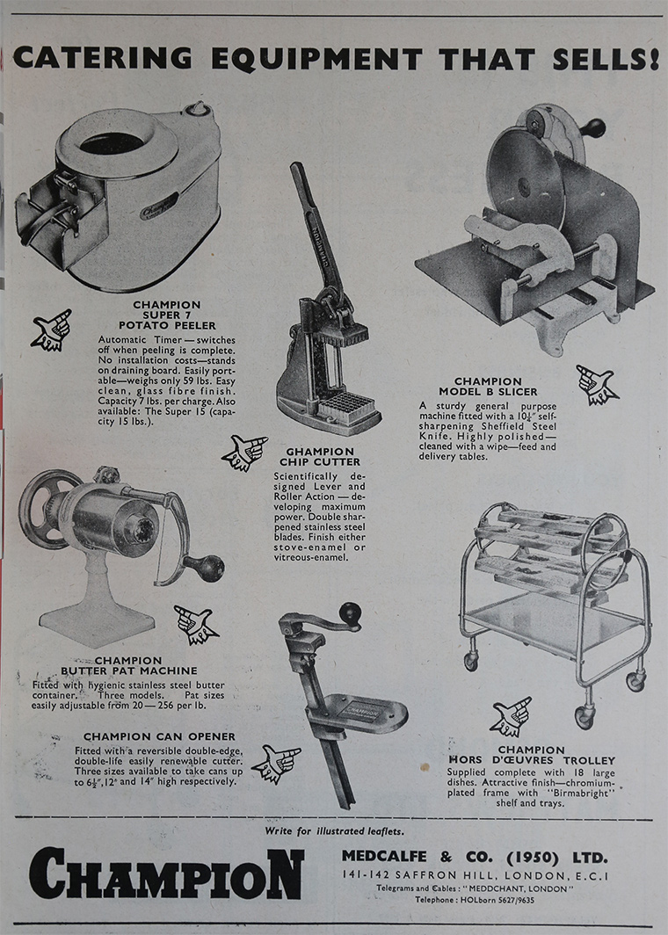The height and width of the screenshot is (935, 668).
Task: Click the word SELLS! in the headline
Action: coord(605,58)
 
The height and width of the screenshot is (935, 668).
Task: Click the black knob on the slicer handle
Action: coord(594,128)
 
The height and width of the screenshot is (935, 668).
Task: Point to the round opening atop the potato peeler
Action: coord(113,143)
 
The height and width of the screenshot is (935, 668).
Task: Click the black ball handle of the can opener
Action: coord(350,613)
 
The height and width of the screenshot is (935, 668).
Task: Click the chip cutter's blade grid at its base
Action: coord(348,406)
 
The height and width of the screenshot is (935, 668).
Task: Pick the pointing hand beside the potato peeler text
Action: coord(52,330)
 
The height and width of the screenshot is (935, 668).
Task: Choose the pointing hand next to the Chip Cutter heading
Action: coord(243,453)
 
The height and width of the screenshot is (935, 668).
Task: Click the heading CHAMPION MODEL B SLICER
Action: coord(488,387)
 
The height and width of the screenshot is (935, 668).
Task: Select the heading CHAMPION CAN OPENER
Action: coord(159,736)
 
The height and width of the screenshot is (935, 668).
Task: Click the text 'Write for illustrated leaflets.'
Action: coord(334,830)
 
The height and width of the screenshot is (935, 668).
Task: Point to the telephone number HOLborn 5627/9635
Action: coord(475,900)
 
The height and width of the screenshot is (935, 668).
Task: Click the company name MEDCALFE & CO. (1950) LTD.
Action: coord(474,857)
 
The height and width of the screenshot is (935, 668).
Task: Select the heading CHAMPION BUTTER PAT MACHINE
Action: coord(129,665)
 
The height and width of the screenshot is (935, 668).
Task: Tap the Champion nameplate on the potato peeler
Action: coord(158,206)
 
